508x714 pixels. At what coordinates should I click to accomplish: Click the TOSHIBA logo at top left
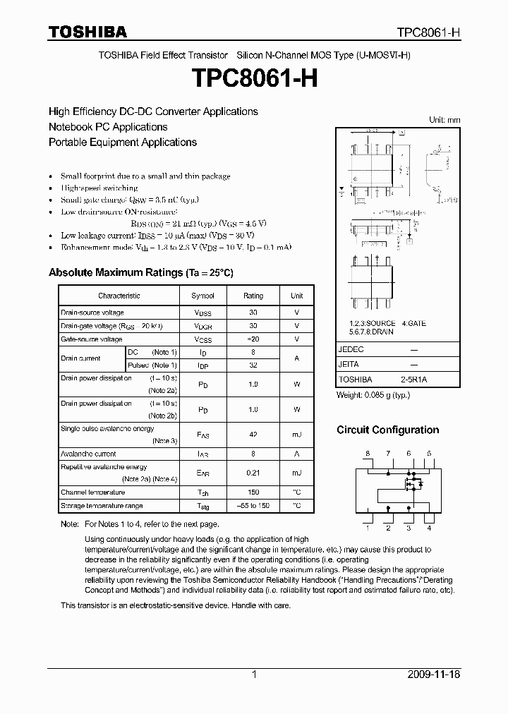pyautogui.click(x=87, y=32)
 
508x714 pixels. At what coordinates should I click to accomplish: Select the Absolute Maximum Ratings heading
pyautogui.click(x=140, y=272)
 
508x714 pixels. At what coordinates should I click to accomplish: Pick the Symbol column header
pyautogui.click(x=202, y=296)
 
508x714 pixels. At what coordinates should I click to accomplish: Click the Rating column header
pyautogui.click(x=253, y=296)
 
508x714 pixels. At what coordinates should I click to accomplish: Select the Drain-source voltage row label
pyautogui.click(x=92, y=313)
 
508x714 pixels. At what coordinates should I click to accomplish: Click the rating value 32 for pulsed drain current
pyautogui.click(x=253, y=365)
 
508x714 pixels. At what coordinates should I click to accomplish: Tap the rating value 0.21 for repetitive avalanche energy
pyautogui.click(x=253, y=473)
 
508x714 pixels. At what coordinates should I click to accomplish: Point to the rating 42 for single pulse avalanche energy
pyautogui.click(x=253, y=435)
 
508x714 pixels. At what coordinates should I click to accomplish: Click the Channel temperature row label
pyautogui.click(x=92, y=492)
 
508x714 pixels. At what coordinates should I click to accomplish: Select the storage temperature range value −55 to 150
pyautogui.click(x=253, y=506)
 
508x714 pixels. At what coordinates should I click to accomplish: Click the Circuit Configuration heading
pyautogui.click(x=387, y=430)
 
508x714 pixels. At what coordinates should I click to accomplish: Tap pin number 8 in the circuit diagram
pyautogui.click(x=368, y=453)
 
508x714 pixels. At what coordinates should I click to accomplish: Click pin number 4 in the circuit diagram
pyautogui.click(x=429, y=528)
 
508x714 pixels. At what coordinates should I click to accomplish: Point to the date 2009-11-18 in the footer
pyautogui.click(x=434, y=674)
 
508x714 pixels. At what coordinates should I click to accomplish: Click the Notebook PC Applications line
pyautogui.click(x=108, y=127)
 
